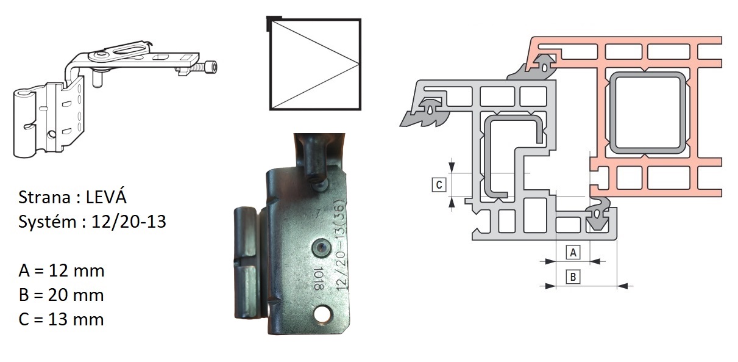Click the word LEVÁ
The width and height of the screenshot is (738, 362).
[x=106, y=197]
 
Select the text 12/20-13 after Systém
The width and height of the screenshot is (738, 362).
[x=129, y=222]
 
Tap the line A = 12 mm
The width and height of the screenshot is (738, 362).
[x=62, y=270]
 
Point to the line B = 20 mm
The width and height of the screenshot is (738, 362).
[x=62, y=295]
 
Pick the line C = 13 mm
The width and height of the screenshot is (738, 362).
[x=62, y=319]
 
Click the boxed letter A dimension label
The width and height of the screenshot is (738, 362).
[x=573, y=253]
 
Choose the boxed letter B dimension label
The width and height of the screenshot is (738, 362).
[x=573, y=277]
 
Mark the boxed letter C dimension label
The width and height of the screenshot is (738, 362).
[x=439, y=184]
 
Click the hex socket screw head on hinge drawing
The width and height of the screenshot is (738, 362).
[x=211, y=67]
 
